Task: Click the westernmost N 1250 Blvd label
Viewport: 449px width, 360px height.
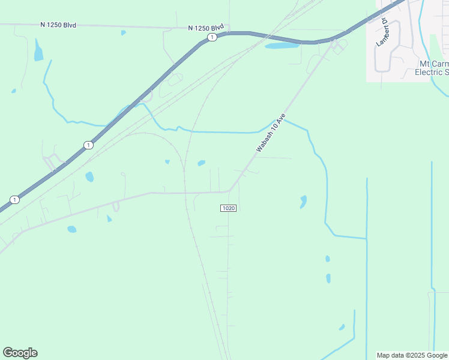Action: [58, 25]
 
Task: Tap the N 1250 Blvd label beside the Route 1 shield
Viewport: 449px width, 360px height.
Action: [205, 28]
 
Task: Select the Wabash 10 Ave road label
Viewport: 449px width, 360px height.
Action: [271, 132]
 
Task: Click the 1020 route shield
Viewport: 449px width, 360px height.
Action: [228, 208]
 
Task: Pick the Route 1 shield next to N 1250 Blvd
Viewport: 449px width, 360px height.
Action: [212, 37]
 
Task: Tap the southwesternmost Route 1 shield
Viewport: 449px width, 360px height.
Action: [14, 199]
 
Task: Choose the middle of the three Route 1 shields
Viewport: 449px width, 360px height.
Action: [88, 145]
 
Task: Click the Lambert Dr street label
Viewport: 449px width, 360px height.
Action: [381, 33]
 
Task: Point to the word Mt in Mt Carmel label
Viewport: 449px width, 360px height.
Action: [424, 63]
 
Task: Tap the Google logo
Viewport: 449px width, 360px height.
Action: [20, 353]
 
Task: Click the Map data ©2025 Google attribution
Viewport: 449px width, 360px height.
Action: [411, 355]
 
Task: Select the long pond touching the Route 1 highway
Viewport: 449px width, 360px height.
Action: [282, 45]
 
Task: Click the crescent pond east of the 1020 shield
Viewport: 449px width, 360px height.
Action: [303, 202]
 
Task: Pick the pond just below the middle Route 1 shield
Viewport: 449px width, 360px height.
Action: [89, 176]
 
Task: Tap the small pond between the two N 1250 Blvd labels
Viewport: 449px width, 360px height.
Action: [123, 32]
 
